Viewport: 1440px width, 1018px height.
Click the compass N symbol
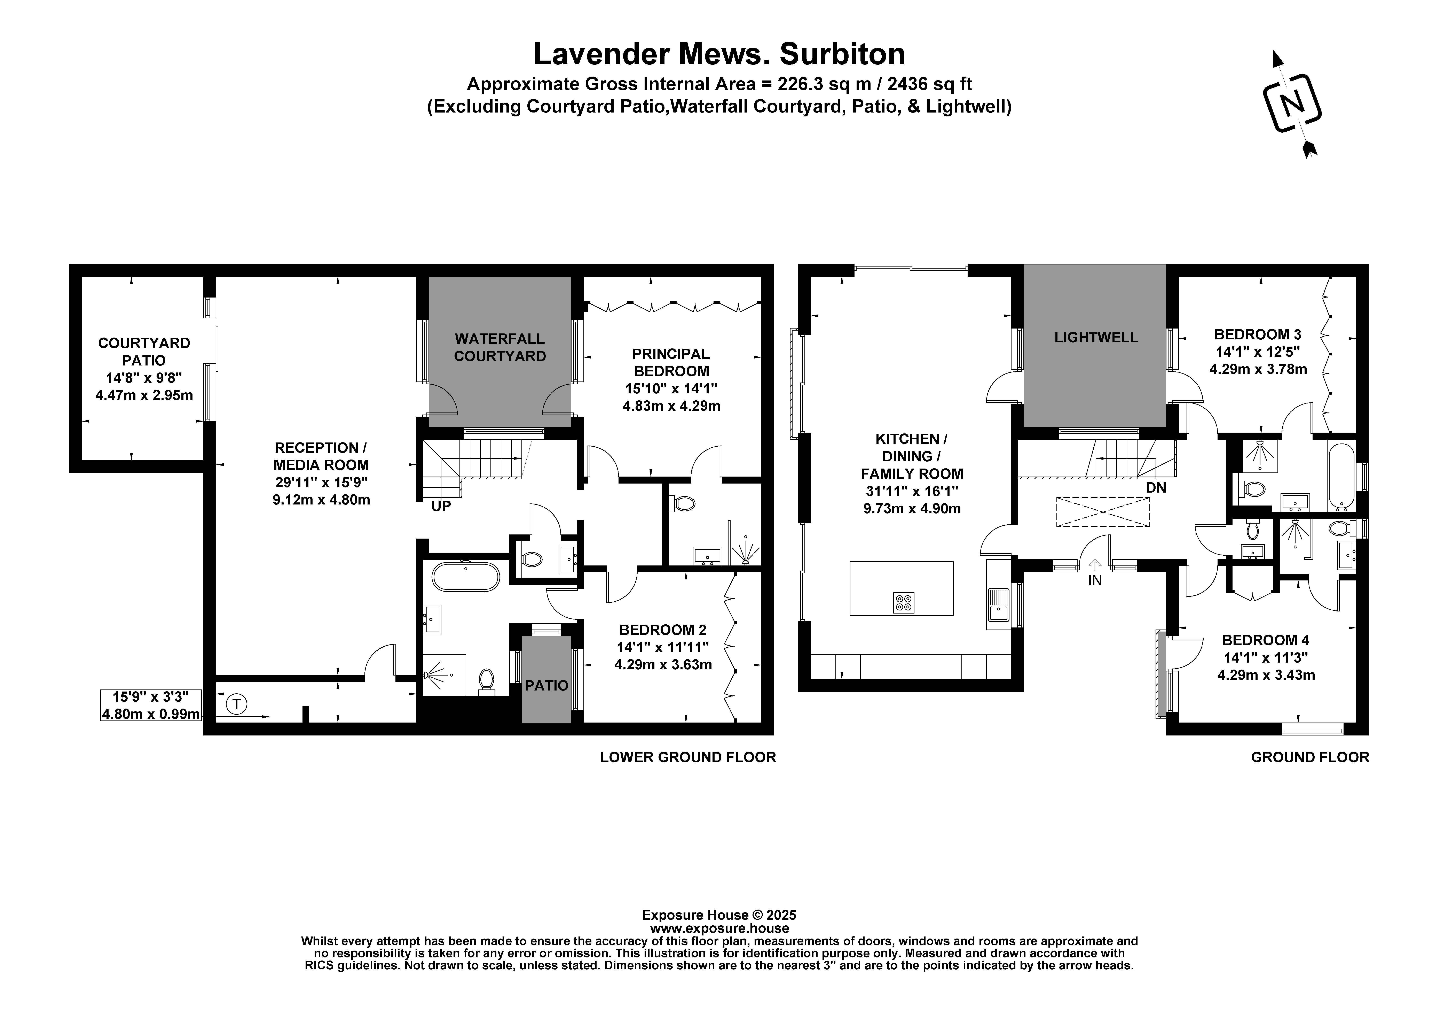point(1292,103)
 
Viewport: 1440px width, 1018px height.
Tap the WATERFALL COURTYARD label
point(500,347)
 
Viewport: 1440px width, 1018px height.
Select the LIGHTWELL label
point(1096,337)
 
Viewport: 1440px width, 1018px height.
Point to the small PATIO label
point(546,685)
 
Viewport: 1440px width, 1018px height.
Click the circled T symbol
point(236,704)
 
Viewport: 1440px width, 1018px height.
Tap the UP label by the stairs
point(441,506)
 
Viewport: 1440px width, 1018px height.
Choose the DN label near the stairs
point(1156,487)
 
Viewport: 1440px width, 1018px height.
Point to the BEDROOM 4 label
point(1266,640)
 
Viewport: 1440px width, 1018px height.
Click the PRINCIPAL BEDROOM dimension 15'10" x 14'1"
point(671,388)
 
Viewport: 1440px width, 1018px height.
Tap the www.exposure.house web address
point(719,928)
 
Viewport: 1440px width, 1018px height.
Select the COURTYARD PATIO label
point(144,352)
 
